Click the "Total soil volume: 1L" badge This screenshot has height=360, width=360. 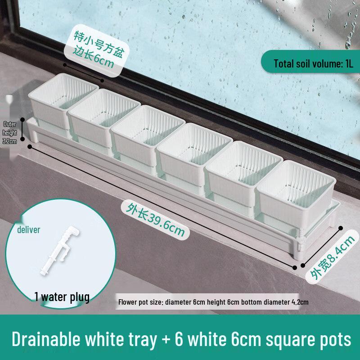314,63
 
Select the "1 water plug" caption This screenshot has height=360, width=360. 62,297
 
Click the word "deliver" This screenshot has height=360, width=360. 29,230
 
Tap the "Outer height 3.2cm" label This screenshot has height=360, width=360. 10,132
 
